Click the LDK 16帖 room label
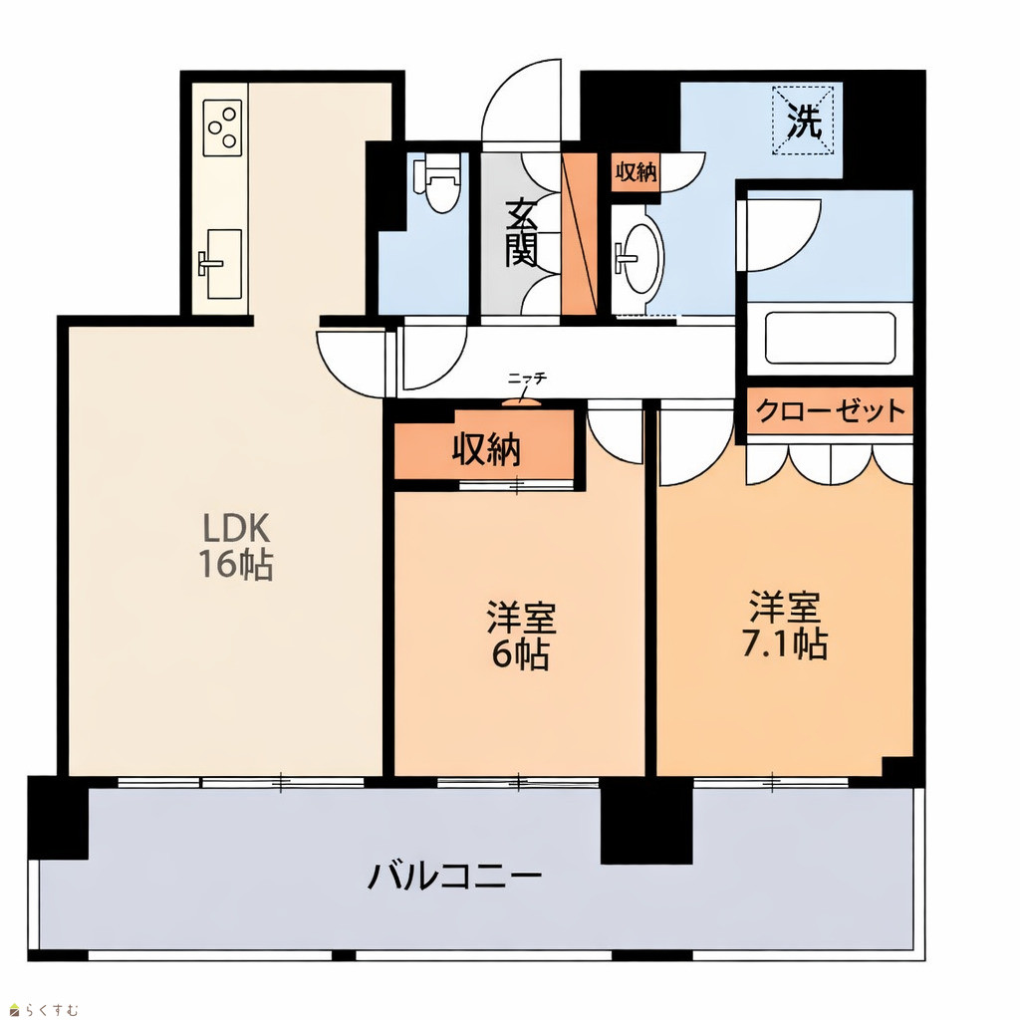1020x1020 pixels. tap(235, 545)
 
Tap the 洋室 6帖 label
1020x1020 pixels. tap(521, 637)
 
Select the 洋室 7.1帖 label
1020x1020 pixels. tap(785, 626)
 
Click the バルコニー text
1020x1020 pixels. tap(454, 876)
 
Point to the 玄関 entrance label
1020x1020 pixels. tap(521, 232)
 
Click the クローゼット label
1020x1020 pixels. tap(830, 410)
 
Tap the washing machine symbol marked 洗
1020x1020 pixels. tap(804, 121)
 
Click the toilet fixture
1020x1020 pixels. tap(440, 183)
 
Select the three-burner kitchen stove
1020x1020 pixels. tap(222, 127)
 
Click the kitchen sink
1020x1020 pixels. tap(220, 264)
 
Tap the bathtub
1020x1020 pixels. tap(830, 339)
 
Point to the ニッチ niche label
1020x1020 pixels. tap(528, 378)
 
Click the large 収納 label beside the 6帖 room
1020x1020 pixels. tap(486, 449)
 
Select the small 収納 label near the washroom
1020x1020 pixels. tap(636, 171)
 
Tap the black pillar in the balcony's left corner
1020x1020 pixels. tap(57, 817)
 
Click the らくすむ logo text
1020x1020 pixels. tap(52, 1010)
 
